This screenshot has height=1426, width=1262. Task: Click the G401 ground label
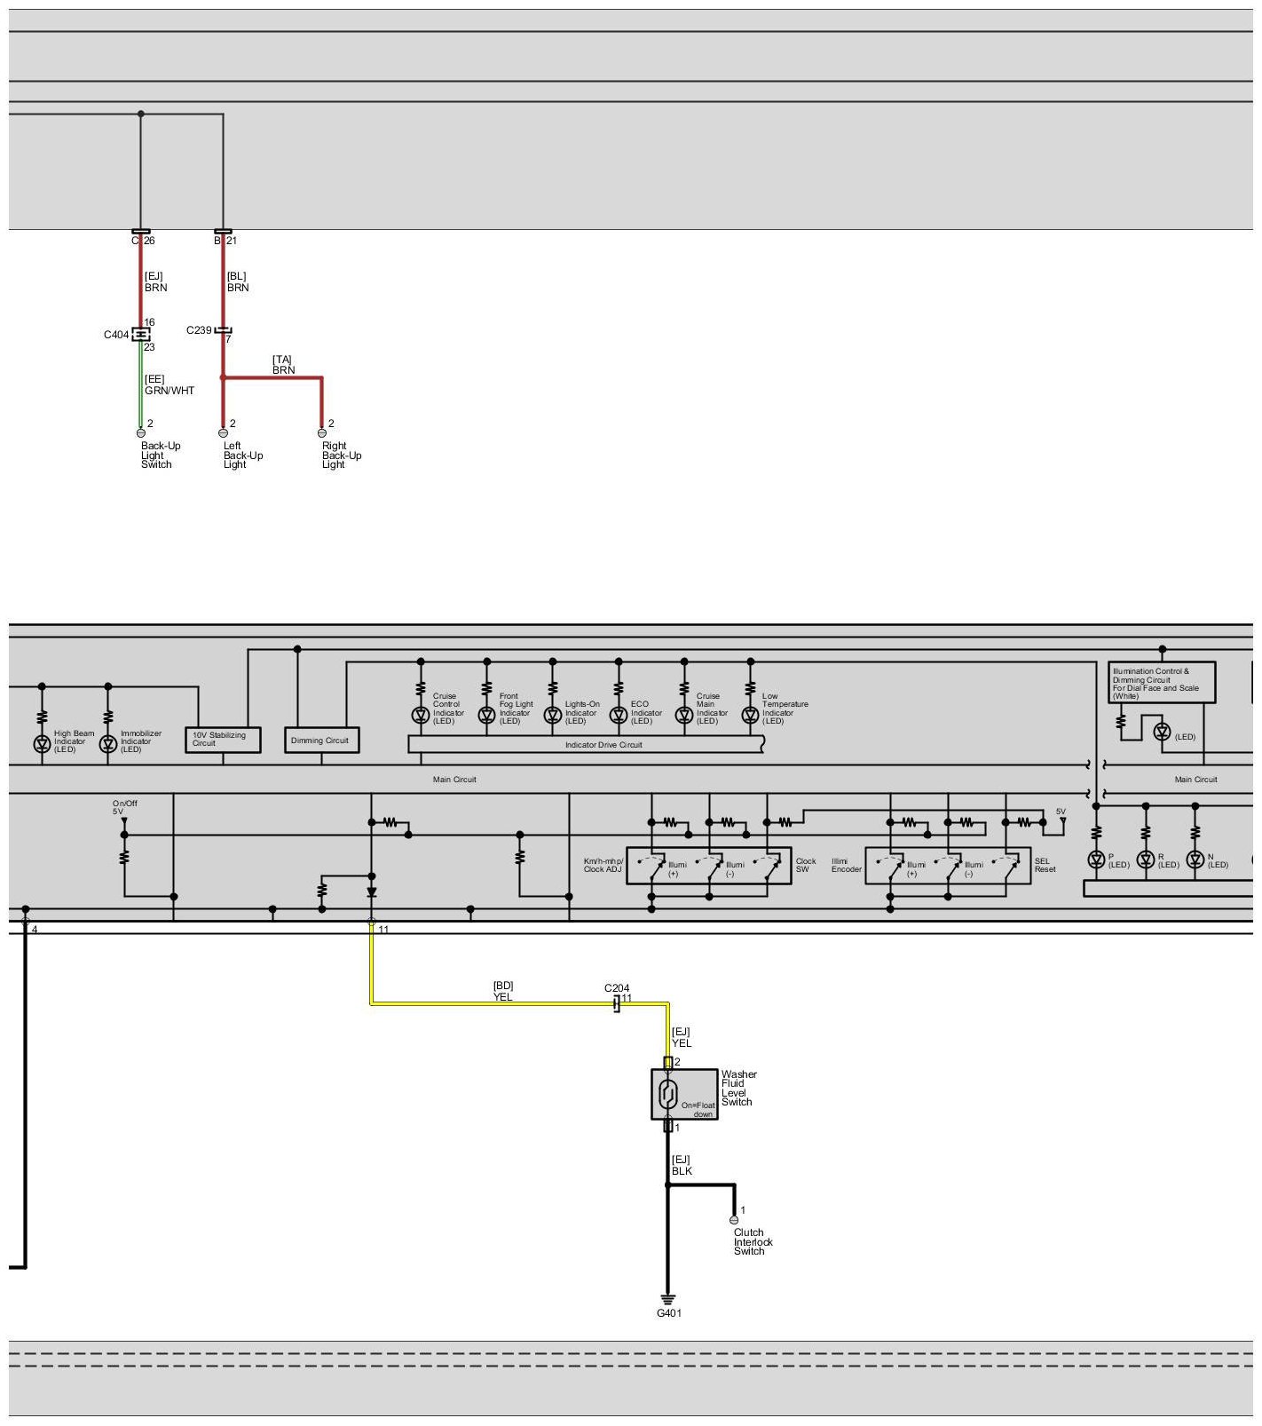coord(668,1313)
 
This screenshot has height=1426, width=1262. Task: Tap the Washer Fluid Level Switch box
coord(683,1094)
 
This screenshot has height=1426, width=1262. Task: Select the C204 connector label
coord(617,988)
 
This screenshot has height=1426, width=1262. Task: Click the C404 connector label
coord(116,335)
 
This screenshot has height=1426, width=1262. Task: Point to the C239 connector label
coord(199,330)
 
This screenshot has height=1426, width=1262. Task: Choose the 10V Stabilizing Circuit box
coord(223,740)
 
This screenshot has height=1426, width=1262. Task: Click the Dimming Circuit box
coord(321,741)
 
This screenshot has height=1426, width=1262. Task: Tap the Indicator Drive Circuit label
coord(603,745)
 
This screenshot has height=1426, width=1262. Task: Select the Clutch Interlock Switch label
coord(753,1241)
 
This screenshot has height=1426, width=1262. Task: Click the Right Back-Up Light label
coord(341,456)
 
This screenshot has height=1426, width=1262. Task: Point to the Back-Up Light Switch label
coord(160,456)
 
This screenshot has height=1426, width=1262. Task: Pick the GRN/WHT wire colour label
coord(170,391)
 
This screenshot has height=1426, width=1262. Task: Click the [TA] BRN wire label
coord(283,365)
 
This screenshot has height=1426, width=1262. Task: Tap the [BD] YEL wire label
coord(503,992)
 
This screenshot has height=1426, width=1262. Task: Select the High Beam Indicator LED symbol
coord(42,744)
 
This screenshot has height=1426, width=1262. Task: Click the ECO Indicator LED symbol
coord(619,715)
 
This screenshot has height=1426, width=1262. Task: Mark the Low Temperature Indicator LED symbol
coord(751,715)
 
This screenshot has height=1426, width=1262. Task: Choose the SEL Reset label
coord(1045,865)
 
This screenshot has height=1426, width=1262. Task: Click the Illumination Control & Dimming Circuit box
coord(1161,683)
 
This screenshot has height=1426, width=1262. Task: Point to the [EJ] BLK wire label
coord(682,1166)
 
